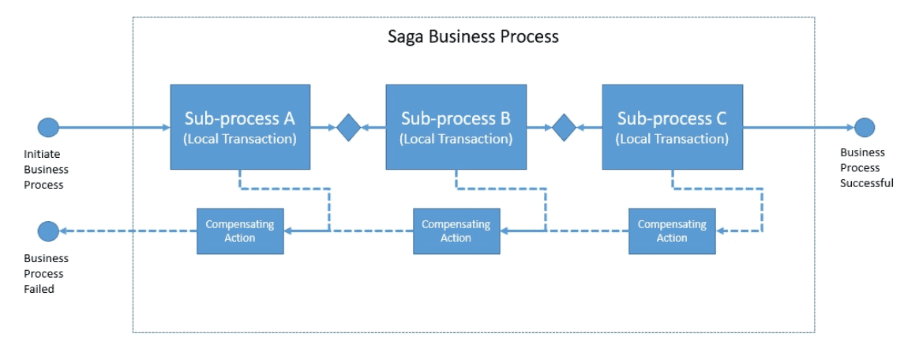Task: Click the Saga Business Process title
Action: pyautogui.click(x=473, y=36)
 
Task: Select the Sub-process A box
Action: pyautogui.click(x=240, y=126)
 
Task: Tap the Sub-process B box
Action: pyautogui.click(x=456, y=126)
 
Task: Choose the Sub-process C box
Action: pyautogui.click(x=672, y=126)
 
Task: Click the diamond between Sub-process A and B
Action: pyautogui.click(x=348, y=127)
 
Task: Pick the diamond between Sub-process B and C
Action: pyautogui.click(x=564, y=127)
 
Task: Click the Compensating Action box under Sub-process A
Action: pyautogui.click(x=240, y=231)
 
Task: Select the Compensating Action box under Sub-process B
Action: pyautogui.click(x=456, y=231)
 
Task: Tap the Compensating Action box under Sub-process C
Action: pyautogui.click(x=672, y=231)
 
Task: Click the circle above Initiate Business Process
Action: pyautogui.click(x=48, y=127)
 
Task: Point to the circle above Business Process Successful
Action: pyautogui.click(x=865, y=127)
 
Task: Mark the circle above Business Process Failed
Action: pyautogui.click(x=48, y=231)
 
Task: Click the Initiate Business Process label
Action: pyautogui.click(x=46, y=170)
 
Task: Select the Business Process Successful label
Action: pyautogui.click(x=866, y=168)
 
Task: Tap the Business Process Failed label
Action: pyautogui.click(x=46, y=274)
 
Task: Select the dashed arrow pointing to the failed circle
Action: pyautogui.click(x=126, y=231)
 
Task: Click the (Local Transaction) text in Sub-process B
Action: pyautogui.click(x=456, y=139)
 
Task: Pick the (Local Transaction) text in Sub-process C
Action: pyautogui.click(x=672, y=139)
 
